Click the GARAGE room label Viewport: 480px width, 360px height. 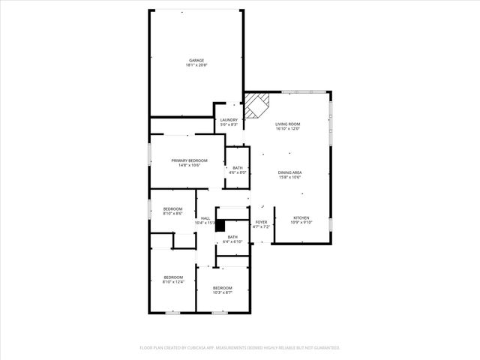196,61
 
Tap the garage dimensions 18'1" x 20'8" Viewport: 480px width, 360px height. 196,66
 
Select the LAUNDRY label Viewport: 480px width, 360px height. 229,120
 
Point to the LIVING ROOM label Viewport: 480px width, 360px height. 287,124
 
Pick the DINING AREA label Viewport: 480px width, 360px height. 289,172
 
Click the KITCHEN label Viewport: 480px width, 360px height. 300,217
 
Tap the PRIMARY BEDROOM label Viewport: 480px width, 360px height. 189,160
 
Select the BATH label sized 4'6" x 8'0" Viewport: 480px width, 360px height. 238,168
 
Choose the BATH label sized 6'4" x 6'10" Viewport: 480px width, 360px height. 232,237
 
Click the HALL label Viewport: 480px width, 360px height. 205,218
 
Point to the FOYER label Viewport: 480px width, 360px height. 261,222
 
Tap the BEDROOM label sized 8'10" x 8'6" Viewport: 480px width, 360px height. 173,208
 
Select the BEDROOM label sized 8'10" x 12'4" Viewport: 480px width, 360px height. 173,277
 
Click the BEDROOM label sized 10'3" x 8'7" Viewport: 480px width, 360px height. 222,288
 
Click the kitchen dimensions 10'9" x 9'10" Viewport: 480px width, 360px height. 300,223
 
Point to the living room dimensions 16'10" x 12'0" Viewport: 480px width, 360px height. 287,130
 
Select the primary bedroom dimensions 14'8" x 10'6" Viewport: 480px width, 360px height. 189,166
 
